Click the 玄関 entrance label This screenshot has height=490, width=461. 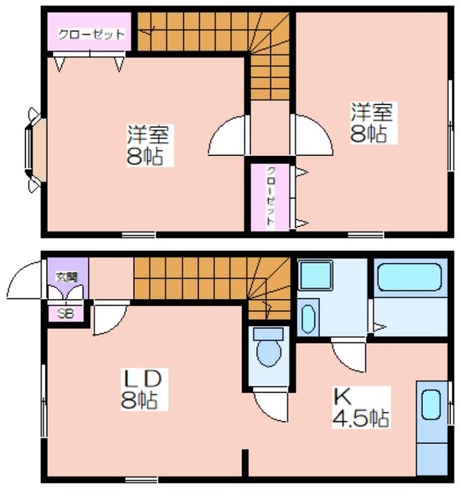[x=66, y=277]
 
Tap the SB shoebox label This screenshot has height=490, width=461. [x=66, y=314]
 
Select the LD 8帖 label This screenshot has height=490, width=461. [x=143, y=389]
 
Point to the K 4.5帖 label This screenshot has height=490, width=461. [x=361, y=407]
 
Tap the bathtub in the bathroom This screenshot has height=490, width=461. [x=410, y=277]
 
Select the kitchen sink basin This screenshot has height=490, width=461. [x=431, y=405]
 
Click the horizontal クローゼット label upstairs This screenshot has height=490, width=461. [x=91, y=34]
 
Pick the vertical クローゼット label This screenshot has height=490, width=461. [x=270, y=196]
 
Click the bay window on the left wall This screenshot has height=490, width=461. [x=35, y=149]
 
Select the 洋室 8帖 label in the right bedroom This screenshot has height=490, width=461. [x=371, y=123]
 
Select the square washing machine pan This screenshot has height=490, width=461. [x=315, y=275]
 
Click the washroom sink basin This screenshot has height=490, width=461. [x=308, y=318]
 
